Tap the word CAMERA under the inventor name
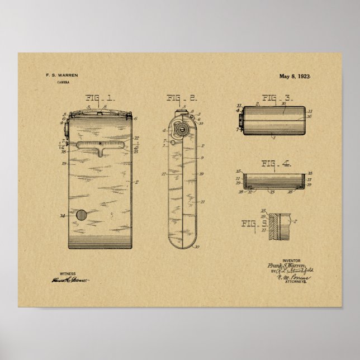click(x=63, y=83)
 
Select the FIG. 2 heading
click(x=182, y=99)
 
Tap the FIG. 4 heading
click(x=276, y=164)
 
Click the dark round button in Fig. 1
click(x=82, y=215)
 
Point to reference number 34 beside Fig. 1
click(x=63, y=215)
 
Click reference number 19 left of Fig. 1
click(x=64, y=164)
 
